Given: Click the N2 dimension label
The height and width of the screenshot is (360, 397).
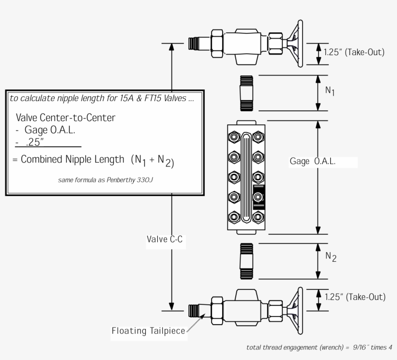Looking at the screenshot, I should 331,257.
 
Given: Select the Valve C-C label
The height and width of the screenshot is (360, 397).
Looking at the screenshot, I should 165,239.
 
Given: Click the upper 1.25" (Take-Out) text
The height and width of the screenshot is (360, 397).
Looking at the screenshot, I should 355,52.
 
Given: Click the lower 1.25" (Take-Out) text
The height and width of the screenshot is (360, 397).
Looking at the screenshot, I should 355,297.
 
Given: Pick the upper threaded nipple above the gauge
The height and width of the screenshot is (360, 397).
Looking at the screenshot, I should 247,92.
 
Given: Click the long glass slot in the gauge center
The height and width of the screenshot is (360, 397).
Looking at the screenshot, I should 246,178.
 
